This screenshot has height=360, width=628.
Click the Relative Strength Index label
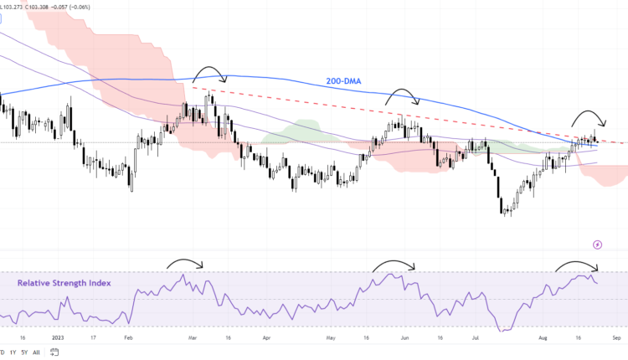pos(64,283)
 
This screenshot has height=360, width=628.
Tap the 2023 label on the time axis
pos(57,338)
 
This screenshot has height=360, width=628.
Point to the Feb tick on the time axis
pos(127,338)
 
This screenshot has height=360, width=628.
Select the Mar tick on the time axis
pos(193,338)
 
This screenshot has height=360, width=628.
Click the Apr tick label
pos(265,338)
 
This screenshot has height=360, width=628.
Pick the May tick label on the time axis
pos(331,338)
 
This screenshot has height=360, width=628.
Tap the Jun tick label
pos(404,338)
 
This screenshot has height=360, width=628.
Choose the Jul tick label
pos(475,338)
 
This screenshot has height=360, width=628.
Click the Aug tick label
pos(542,338)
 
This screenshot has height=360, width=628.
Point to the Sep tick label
pos(615,338)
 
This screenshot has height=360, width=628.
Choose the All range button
pos(36,352)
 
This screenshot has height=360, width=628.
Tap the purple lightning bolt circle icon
pos(597,244)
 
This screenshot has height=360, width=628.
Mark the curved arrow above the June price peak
pos(403,95)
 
